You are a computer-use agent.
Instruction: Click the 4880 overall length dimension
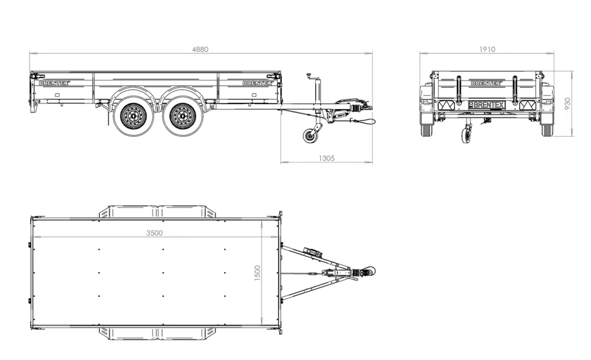[199, 49]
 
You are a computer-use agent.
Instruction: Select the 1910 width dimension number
[487, 49]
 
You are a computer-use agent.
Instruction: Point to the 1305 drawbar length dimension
[326, 158]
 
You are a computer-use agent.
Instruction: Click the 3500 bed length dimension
[155, 233]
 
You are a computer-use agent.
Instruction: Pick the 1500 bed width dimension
[257, 273]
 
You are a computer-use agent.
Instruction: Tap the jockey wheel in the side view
[310, 135]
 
